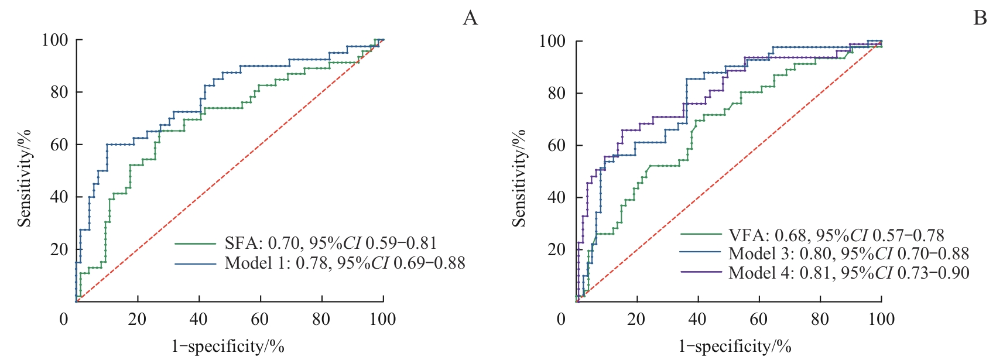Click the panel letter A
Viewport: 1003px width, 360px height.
coord(470,18)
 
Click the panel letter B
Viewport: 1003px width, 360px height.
coord(980,18)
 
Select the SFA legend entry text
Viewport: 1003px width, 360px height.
coord(330,243)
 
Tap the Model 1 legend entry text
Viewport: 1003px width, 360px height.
coord(344,263)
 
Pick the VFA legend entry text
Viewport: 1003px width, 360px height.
coord(836,235)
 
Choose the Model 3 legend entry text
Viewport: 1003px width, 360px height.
coord(848,253)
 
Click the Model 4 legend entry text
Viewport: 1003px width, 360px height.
coord(848,272)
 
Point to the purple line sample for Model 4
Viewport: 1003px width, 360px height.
coord(701,272)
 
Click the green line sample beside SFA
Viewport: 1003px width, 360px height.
coord(196,243)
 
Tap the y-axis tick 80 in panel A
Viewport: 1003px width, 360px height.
coord(59,92)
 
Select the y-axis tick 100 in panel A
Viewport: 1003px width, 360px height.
coord(54,40)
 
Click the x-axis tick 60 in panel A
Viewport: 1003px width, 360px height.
coord(260,319)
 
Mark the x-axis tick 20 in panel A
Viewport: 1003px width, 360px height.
coord(138,319)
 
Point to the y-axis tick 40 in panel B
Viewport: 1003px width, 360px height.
coord(557,197)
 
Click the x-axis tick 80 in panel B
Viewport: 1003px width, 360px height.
coord(820,319)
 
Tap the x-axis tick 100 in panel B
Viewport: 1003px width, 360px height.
coord(881,319)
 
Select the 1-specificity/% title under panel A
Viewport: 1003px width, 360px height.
coord(228,347)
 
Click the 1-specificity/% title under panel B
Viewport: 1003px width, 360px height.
coord(735,347)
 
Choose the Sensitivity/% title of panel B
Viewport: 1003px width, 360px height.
coord(519,178)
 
